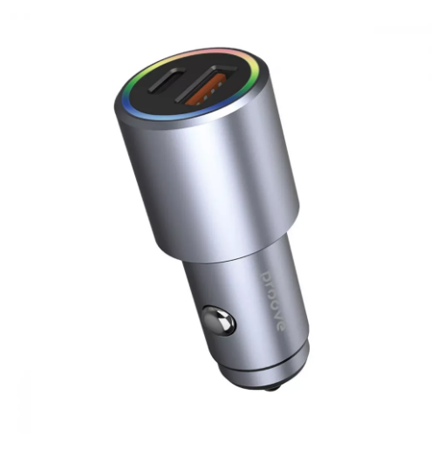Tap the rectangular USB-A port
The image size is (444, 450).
click(206, 85)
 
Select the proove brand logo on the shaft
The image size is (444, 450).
click(274, 301)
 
